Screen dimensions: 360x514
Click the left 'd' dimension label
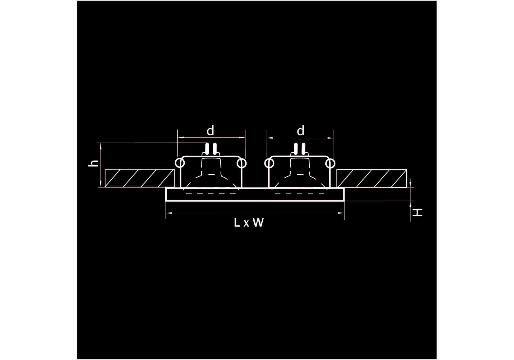[210, 131]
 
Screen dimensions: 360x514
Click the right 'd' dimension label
[301, 131]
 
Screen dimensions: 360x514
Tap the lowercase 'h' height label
[94, 163]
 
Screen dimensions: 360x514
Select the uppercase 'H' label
[418, 212]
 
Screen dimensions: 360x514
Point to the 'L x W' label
[249, 223]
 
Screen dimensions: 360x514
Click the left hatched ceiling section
[139, 178]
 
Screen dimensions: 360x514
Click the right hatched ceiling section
[371, 178]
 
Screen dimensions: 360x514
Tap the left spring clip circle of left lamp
[180, 163]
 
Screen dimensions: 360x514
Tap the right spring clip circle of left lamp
[242, 163]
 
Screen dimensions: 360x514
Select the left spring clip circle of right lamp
[269, 163]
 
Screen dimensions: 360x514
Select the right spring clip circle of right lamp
[330, 163]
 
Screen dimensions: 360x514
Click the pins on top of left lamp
[211, 149]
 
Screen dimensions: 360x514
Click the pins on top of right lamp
[299, 149]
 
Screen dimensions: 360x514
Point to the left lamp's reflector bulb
[211, 175]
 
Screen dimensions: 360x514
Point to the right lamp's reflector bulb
[299, 175]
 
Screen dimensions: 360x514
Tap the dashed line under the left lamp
[211, 194]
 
